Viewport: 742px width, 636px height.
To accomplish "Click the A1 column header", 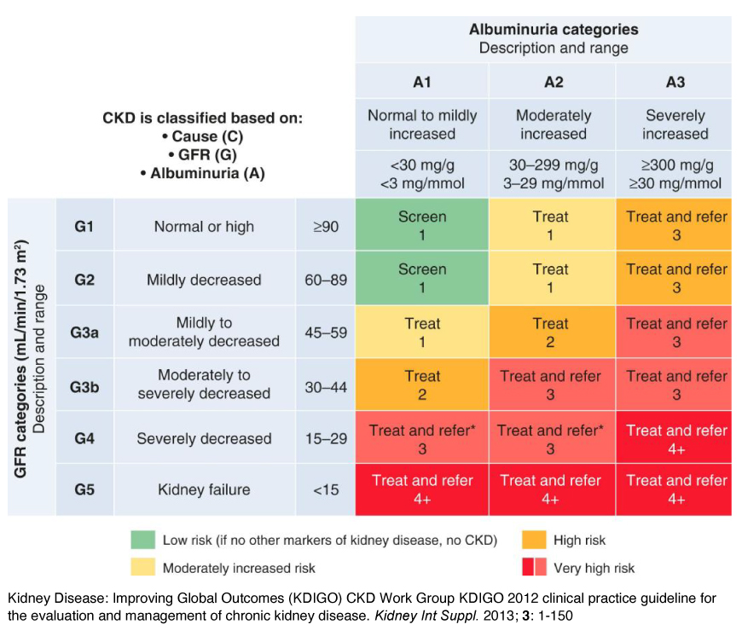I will (x=422, y=83).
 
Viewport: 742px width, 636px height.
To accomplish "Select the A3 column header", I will (x=675, y=83).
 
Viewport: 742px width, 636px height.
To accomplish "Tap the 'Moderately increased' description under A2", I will (x=553, y=124).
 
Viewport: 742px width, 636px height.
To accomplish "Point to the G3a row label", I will (x=84, y=332).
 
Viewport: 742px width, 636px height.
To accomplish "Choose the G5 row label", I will (x=84, y=489).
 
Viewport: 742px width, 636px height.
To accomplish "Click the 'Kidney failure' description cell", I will (x=204, y=489).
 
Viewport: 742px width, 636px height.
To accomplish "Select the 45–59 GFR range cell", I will (x=326, y=332).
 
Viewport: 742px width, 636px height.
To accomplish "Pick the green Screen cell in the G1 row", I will (x=422, y=226).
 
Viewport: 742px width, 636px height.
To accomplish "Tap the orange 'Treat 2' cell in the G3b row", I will (x=422, y=384).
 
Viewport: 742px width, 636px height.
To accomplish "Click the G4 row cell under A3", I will (x=675, y=437).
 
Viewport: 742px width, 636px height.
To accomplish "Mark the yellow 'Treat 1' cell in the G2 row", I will (x=551, y=279).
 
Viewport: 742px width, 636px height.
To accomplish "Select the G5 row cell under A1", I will (x=422, y=489).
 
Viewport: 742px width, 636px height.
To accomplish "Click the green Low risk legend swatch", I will (x=142, y=540).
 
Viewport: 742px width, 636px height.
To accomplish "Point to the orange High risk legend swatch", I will (x=534, y=540).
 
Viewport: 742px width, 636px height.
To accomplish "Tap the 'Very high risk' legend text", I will (x=594, y=568).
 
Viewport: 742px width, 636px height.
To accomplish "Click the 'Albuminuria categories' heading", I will (x=553, y=30).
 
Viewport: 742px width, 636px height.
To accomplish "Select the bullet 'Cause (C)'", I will (x=203, y=136).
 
